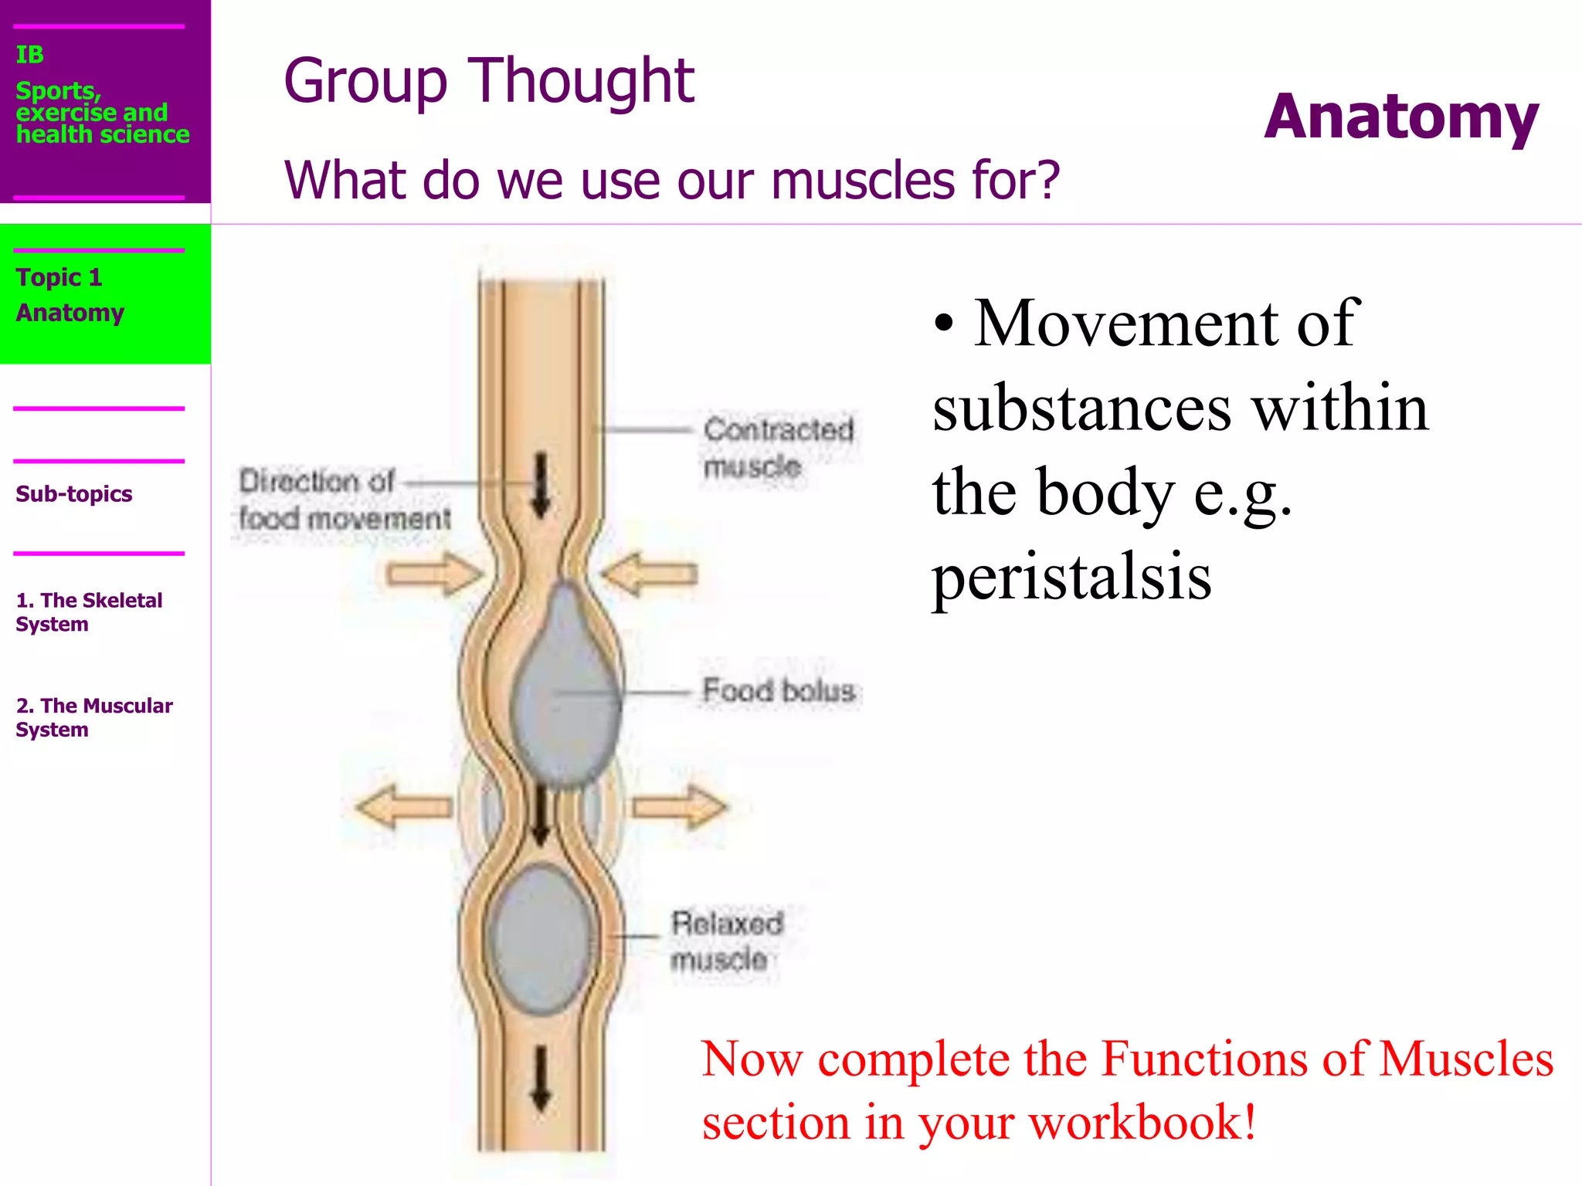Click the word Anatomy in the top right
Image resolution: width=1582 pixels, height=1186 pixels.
click(1400, 117)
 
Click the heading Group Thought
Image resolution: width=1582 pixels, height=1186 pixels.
click(489, 81)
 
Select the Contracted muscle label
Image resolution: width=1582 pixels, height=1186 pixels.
click(777, 448)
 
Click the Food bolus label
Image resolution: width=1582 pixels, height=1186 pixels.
click(778, 690)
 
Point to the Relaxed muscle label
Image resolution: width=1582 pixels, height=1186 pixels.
click(726, 940)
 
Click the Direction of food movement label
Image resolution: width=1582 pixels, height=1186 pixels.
click(344, 500)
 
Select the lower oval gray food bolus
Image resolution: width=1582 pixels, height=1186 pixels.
click(543, 938)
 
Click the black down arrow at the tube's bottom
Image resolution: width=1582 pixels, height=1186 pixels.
click(541, 1079)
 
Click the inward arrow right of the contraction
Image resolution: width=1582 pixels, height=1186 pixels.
click(650, 574)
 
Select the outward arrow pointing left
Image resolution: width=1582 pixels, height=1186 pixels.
click(403, 808)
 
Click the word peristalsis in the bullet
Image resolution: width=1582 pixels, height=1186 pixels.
click(1071, 577)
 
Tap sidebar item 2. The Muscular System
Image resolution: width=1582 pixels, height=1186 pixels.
click(94, 717)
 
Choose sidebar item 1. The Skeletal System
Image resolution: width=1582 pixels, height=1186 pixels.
click(89, 612)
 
